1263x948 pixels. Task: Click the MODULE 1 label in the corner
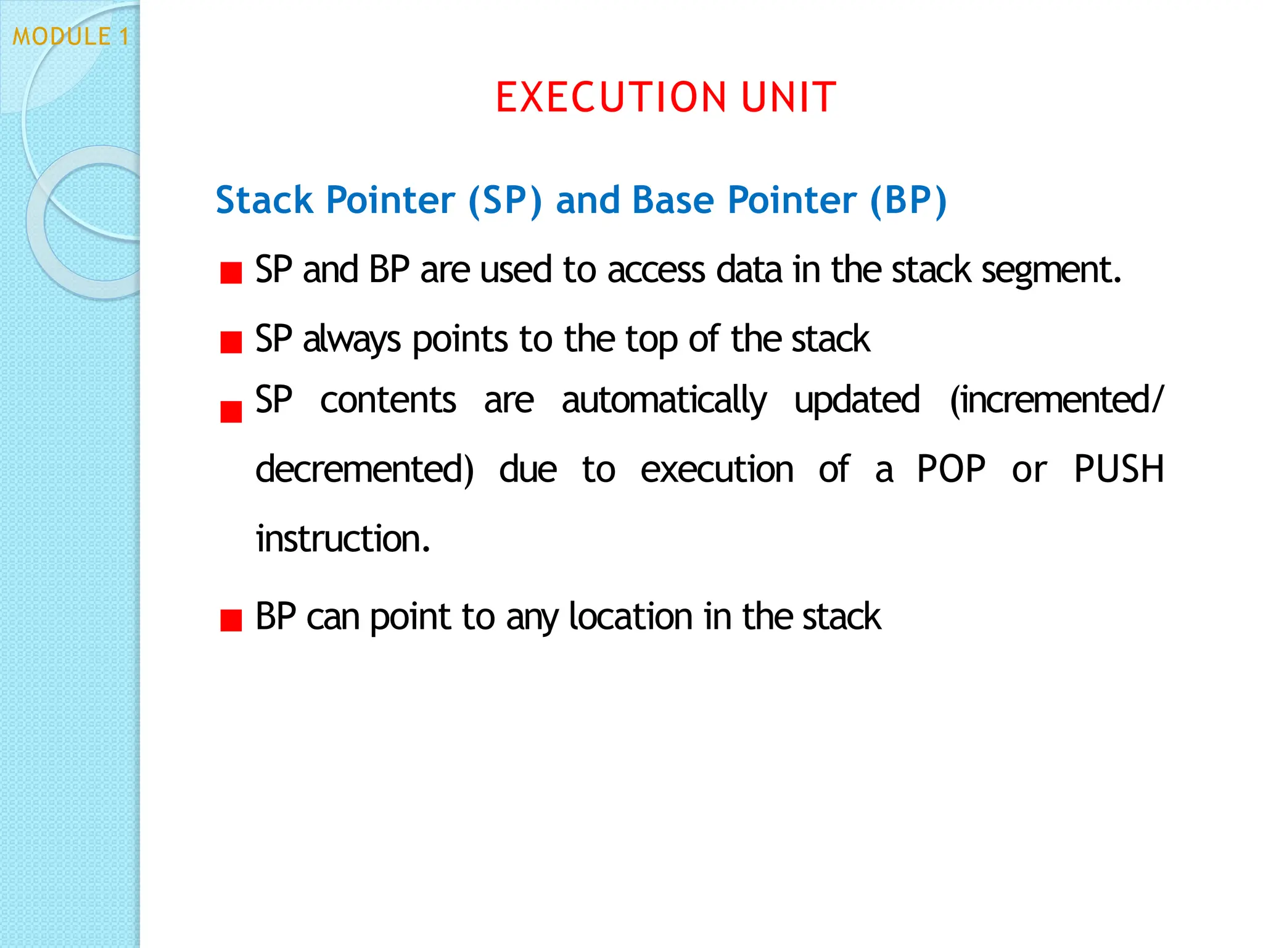(x=71, y=36)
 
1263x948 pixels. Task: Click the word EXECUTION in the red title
(x=611, y=98)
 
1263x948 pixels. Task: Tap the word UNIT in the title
(x=789, y=98)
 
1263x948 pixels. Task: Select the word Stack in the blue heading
(x=265, y=200)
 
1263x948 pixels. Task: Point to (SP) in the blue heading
(x=505, y=201)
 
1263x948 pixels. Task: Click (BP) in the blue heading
(x=908, y=201)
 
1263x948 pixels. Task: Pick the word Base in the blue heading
(x=673, y=200)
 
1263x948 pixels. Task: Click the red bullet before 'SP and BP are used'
(x=231, y=272)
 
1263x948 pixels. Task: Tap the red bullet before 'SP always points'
(x=231, y=342)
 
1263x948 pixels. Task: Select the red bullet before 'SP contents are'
(x=231, y=411)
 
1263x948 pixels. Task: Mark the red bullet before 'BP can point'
(x=231, y=620)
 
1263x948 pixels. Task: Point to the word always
(x=352, y=340)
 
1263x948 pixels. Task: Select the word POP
(x=951, y=469)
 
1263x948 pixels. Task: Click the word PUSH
(x=1119, y=469)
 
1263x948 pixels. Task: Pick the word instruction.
(x=343, y=539)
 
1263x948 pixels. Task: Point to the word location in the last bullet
(x=631, y=617)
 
